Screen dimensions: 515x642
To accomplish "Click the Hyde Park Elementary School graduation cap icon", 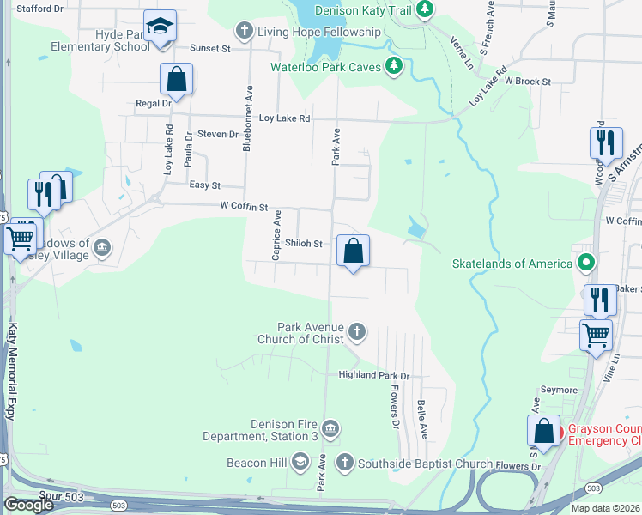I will tap(160, 26).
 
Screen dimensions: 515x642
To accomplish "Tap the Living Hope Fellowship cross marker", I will tap(244, 32).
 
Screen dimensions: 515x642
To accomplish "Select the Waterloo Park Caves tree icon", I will tap(393, 66).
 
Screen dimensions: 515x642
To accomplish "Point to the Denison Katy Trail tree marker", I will tap(423, 10).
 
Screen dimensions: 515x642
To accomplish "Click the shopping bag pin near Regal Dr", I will tap(176, 80).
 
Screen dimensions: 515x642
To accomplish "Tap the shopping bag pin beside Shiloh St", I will tap(353, 251).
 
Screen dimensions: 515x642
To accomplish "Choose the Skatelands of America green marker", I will tap(586, 263).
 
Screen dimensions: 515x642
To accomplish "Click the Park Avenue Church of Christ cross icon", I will tap(356, 331).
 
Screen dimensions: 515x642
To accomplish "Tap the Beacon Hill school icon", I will tap(300, 463).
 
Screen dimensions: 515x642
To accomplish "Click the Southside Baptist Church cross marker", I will tap(344, 463).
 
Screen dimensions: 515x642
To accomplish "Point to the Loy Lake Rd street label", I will tap(284, 118).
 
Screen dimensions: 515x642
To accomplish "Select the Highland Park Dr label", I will tap(374, 375).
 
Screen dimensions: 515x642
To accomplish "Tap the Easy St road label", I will tap(204, 185).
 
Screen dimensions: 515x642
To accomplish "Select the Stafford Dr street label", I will tap(40, 9).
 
